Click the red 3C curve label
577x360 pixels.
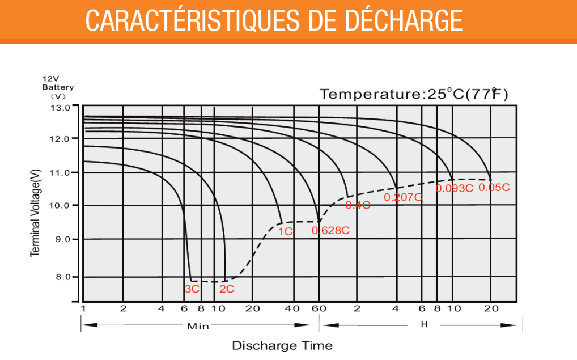point(192,289)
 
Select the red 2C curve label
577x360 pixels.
point(227,289)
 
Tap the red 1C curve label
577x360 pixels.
point(285,231)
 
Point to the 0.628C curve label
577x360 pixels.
point(330,230)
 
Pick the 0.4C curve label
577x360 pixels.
point(358,205)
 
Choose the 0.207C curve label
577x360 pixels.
point(403,197)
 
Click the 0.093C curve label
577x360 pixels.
point(454,188)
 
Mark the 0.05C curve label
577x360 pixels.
point(494,187)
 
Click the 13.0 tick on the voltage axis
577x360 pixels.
point(60,107)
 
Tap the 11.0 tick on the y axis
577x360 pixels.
point(60,172)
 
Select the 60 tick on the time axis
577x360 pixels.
point(319,308)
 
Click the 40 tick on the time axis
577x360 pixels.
point(292,308)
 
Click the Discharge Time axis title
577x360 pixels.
point(282,345)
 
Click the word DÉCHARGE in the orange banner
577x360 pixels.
point(403,21)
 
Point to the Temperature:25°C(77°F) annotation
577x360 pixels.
point(414,94)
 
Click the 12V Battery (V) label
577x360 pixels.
point(58,87)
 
